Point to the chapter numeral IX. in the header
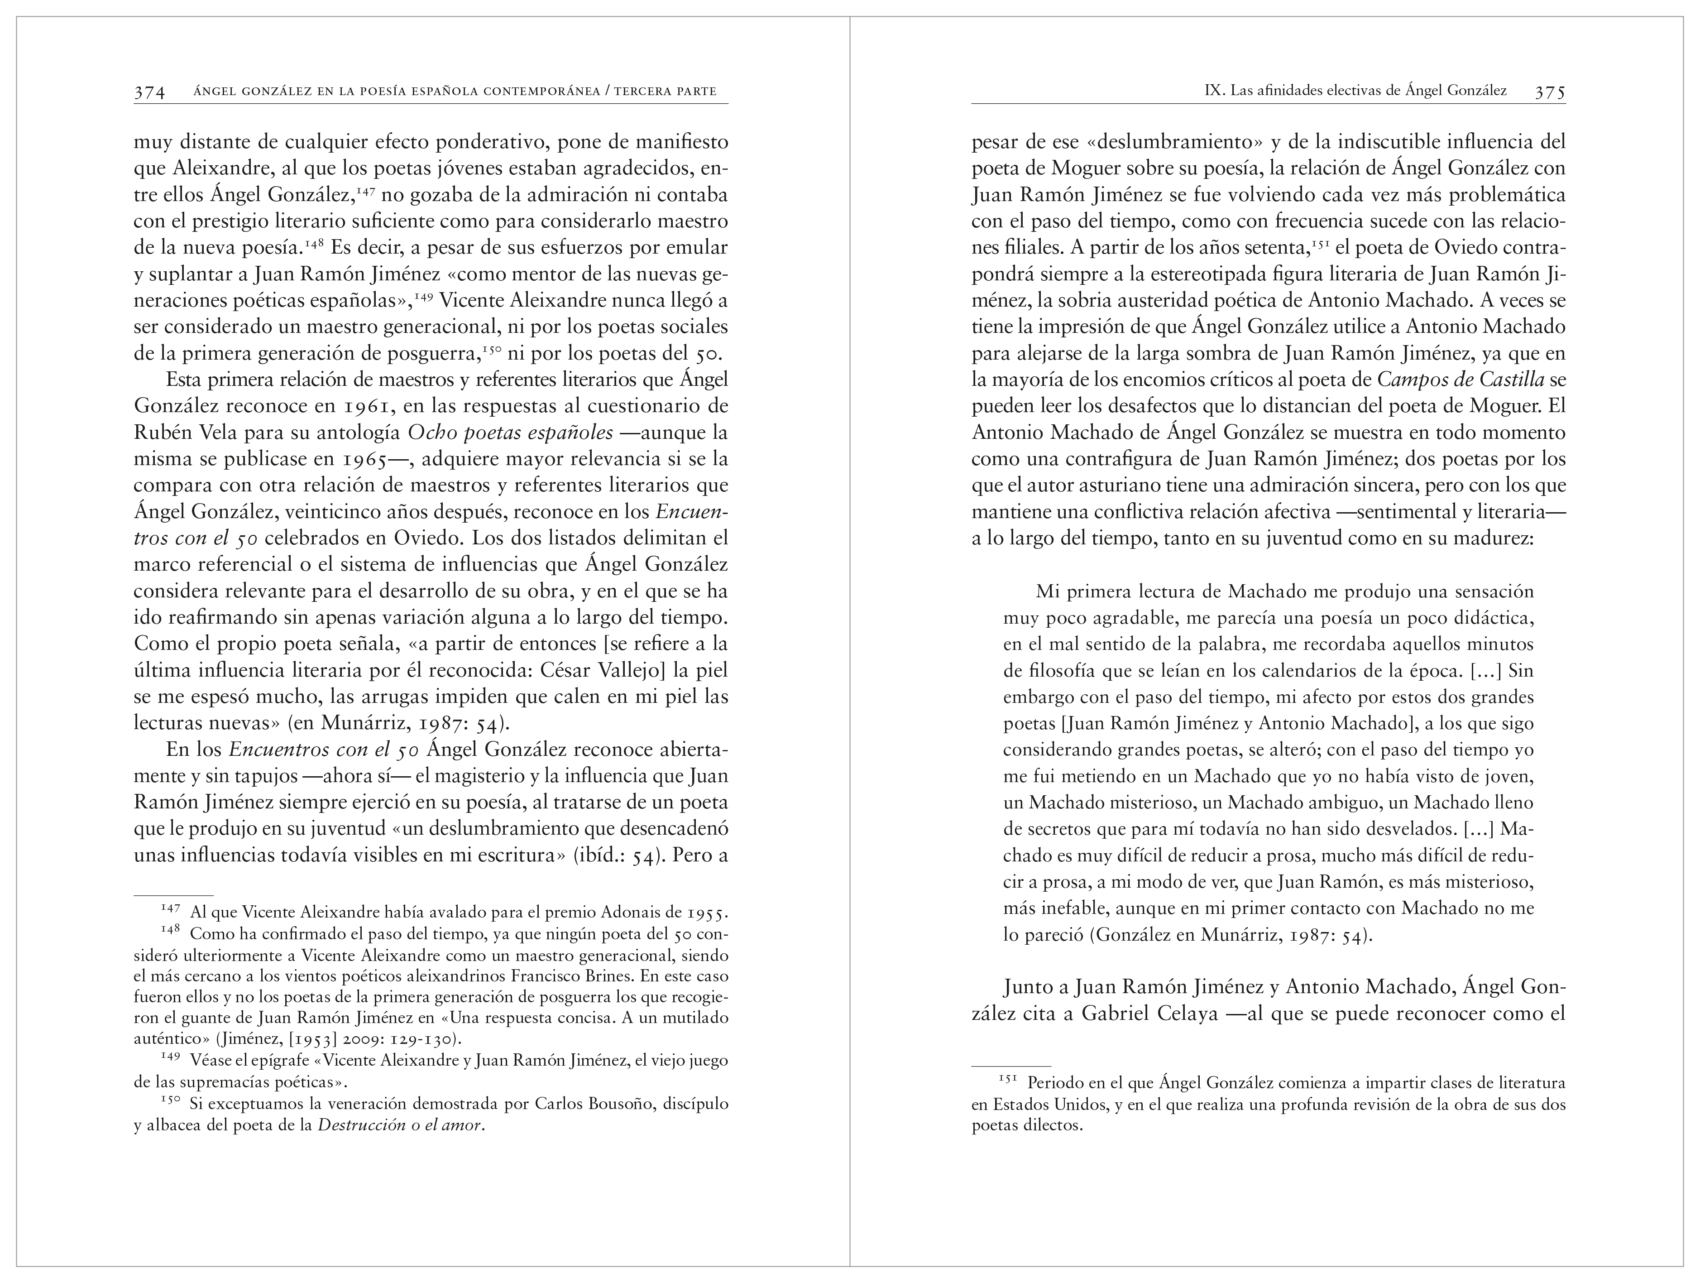pyautogui.click(x=1213, y=91)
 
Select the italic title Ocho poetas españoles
pyautogui.click(x=510, y=433)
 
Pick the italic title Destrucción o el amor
pyautogui.click(x=400, y=1126)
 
